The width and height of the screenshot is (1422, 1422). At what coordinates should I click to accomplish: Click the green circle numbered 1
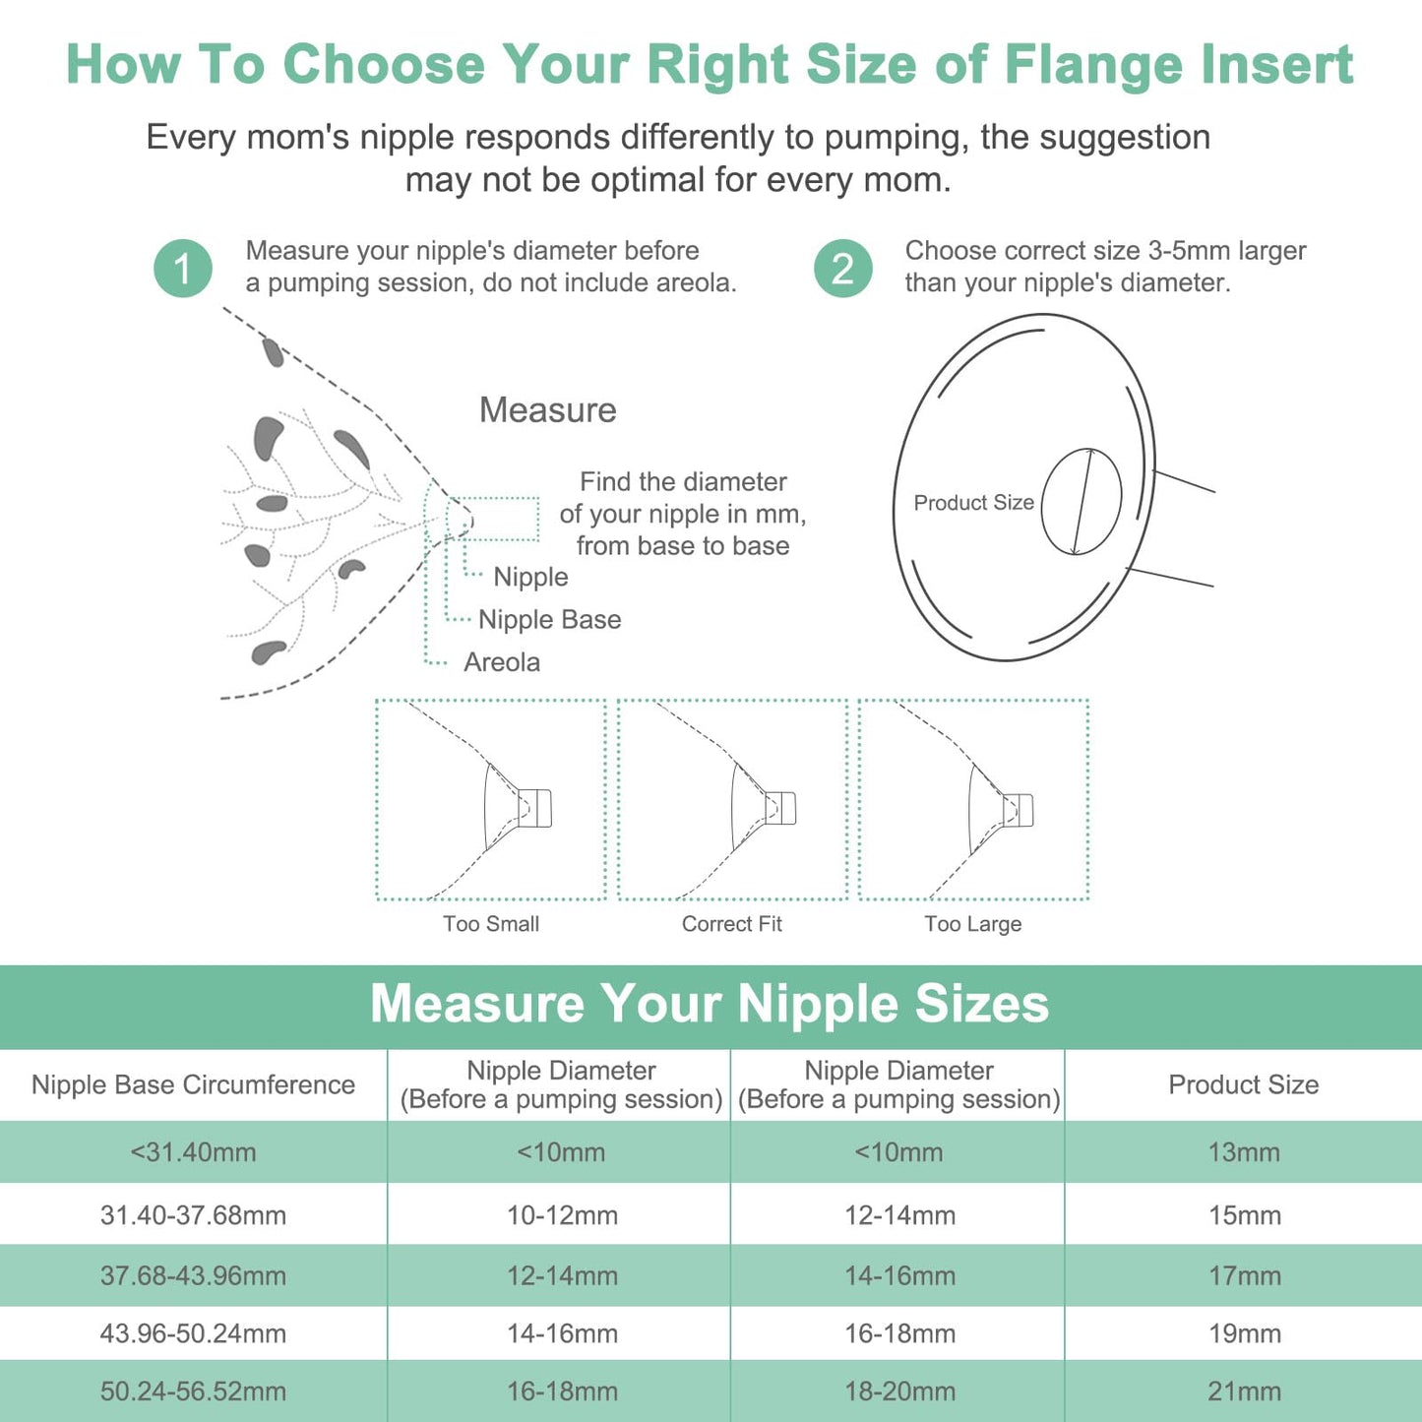[x=183, y=269]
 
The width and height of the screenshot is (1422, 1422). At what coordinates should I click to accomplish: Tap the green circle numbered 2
[x=843, y=269]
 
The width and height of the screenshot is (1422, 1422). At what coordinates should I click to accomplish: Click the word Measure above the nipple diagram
[x=547, y=409]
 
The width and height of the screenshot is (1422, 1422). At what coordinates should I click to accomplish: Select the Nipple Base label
[x=549, y=619]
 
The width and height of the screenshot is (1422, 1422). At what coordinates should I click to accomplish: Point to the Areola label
[x=502, y=662]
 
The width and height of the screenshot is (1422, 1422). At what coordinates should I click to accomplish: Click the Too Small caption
[x=491, y=923]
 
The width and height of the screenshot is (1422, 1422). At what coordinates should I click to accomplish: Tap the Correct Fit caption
[x=732, y=923]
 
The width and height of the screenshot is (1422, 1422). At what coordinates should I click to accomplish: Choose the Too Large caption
[x=972, y=923]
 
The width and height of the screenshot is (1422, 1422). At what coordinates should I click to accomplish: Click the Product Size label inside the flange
[x=973, y=503]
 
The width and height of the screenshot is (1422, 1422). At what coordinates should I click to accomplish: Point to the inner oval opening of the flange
[x=1082, y=502]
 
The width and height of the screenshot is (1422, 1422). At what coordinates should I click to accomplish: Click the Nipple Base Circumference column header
[x=193, y=1084]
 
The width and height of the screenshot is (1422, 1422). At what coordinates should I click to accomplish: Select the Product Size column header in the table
[x=1243, y=1084]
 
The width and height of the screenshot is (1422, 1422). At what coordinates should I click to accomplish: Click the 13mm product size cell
[x=1244, y=1151]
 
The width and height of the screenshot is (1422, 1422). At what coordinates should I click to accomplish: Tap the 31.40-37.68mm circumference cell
[x=193, y=1215]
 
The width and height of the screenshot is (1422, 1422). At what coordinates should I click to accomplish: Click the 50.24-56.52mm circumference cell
[x=193, y=1391]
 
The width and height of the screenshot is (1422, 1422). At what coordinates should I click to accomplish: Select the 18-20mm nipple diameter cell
[x=899, y=1391]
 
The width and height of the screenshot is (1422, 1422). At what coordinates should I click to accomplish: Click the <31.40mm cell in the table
[x=193, y=1151]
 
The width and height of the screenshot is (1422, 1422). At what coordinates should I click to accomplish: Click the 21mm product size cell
[x=1244, y=1391]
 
